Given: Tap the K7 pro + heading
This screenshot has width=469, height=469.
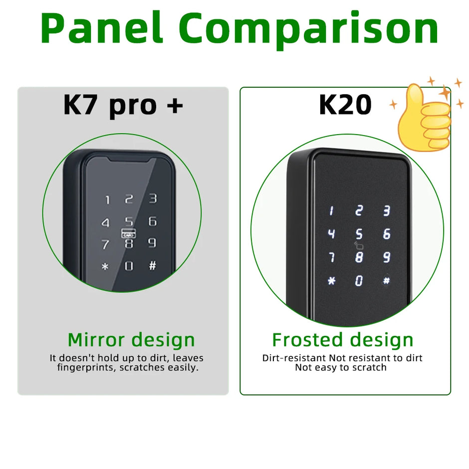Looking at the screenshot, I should [x=123, y=105].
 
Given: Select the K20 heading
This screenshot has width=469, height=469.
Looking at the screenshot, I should [x=345, y=105].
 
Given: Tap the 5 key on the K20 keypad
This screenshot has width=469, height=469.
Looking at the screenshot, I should [x=359, y=234].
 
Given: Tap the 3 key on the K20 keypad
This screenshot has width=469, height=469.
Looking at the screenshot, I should [x=386, y=211].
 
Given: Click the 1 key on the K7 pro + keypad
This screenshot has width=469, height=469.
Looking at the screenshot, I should [x=107, y=201].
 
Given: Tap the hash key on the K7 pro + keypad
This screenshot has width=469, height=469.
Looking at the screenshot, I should [x=152, y=265].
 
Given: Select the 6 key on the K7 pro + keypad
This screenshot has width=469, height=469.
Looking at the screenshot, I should [x=153, y=221].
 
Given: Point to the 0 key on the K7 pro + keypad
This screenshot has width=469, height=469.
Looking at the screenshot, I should [x=129, y=266].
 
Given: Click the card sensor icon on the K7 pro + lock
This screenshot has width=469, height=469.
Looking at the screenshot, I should [x=128, y=233].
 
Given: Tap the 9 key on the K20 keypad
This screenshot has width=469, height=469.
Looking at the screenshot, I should [x=387, y=257].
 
